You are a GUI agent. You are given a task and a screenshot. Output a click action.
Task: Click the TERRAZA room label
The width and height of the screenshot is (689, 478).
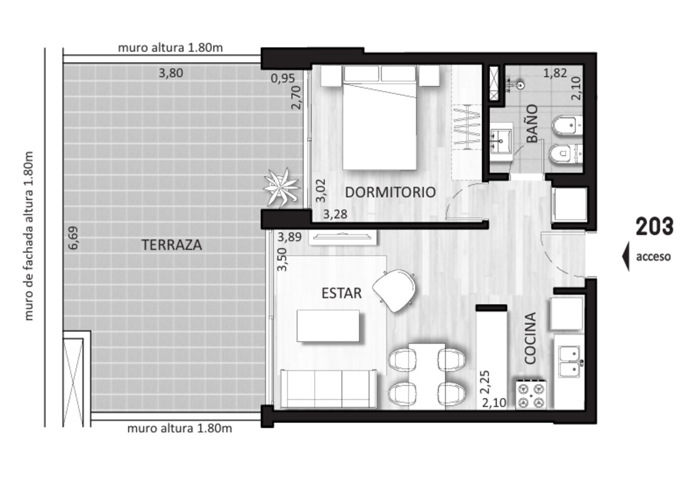coord(172,245)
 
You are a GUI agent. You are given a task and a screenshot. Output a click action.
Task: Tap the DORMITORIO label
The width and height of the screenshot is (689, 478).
coord(390,192)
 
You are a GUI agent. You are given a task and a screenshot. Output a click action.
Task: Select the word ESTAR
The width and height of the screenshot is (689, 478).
coord(341,293)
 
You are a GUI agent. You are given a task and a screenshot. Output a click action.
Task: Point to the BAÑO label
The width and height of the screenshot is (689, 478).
coord(532,124)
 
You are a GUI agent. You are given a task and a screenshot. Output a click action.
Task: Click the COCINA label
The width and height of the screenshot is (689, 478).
coord(530,338)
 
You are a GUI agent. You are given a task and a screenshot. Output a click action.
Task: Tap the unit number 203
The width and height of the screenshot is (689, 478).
coord(655,226)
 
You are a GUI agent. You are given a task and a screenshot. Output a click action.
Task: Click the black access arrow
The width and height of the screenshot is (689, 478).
coord(625,256)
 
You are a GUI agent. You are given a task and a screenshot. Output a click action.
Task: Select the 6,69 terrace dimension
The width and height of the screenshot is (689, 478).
coord(73,238)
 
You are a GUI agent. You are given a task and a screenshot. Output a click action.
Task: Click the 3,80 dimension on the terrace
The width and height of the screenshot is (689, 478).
coord(171,73)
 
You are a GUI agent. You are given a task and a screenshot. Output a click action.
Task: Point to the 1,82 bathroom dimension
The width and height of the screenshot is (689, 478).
coord(555,73)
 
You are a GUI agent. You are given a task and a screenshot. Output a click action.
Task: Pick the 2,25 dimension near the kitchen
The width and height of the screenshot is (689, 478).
coord(485,382)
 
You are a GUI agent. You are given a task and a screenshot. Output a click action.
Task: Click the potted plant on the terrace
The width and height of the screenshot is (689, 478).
coord(281,188)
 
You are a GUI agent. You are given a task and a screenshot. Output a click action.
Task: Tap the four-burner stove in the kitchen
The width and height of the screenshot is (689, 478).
coord(531,394)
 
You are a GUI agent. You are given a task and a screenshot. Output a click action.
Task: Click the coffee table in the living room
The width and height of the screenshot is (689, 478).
coord(328,326)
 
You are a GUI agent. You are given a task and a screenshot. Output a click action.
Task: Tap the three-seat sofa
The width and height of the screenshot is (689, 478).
coord(328,389)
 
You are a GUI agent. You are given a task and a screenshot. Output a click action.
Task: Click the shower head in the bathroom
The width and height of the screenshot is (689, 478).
coord(520,85)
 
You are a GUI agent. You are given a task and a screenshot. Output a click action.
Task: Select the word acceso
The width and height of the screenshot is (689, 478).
coord(653,257)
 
